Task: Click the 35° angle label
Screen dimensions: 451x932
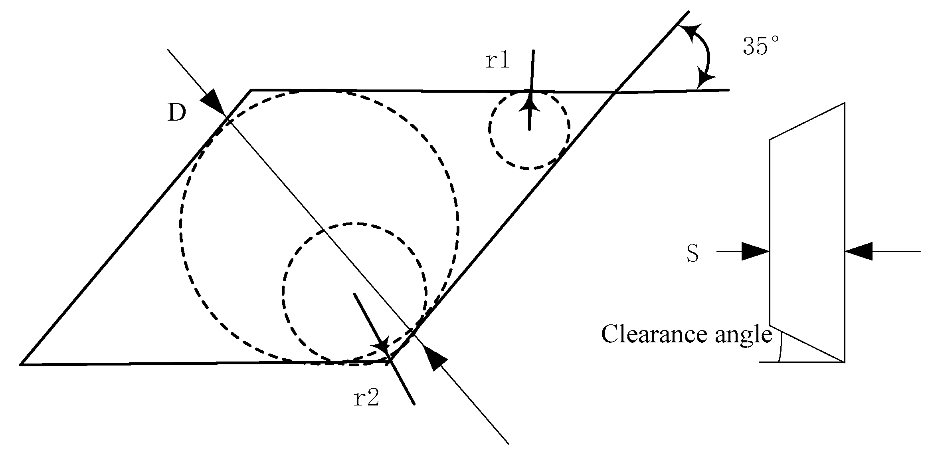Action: (x=761, y=46)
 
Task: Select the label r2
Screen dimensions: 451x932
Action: (x=366, y=398)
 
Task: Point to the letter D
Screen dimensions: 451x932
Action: (x=177, y=113)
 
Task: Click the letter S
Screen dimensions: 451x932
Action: (x=693, y=254)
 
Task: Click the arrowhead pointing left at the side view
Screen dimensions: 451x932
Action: (x=858, y=252)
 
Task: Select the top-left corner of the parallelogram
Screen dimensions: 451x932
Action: (x=251, y=90)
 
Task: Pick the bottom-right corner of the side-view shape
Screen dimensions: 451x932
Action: (x=844, y=362)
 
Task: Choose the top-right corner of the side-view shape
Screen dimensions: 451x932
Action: (x=844, y=103)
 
